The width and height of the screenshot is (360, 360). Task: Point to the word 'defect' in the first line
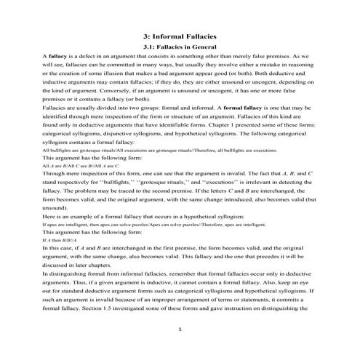89,55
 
